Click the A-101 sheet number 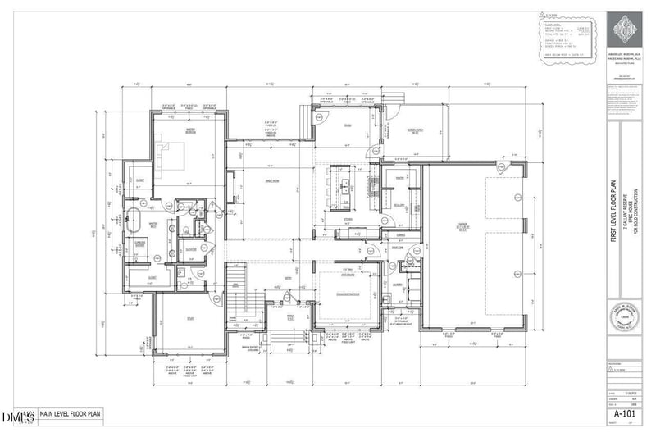pyautogui.click(x=626, y=414)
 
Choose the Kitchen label pyautogui.click(x=348, y=219)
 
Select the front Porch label pyautogui.click(x=289, y=313)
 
